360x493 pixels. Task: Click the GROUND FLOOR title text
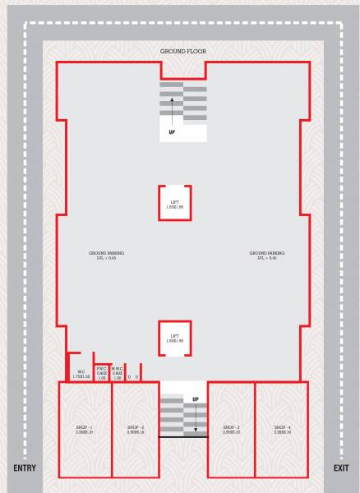(183, 51)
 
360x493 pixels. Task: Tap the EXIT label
(342, 468)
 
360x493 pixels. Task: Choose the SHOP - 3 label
(230, 427)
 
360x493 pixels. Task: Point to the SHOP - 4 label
(282, 427)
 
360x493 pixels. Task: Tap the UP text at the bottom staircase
(196, 399)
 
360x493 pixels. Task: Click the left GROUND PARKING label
(106, 253)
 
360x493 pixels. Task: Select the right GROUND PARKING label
(268, 253)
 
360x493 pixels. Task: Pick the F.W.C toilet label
(102, 368)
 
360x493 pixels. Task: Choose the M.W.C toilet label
(118, 368)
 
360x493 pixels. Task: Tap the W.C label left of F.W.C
(81, 371)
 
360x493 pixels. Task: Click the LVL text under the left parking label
(106, 258)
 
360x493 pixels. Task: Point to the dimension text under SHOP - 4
(282, 432)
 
